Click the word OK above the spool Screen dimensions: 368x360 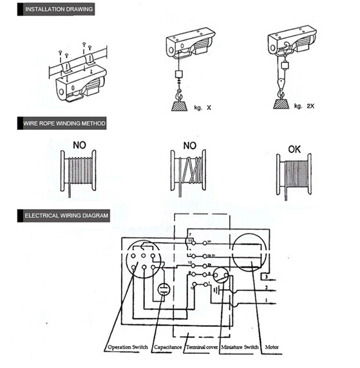294,149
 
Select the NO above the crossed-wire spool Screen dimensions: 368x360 189,146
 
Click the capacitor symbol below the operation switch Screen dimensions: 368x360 164,288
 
